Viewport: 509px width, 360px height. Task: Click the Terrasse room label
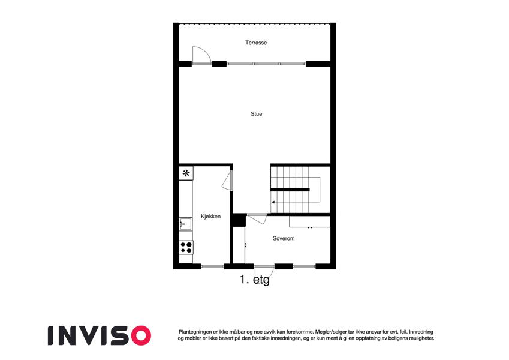[x=256, y=43]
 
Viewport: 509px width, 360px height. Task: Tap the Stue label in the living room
[x=256, y=114]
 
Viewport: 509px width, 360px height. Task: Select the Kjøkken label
[x=210, y=217]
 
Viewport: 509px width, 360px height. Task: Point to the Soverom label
[x=284, y=238]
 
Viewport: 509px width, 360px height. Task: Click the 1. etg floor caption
[x=255, y=280]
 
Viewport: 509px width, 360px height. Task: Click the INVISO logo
[x=100, y=335]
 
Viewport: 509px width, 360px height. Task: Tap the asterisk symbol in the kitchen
[x=186, y=173]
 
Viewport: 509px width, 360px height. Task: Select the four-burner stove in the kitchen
[x=186, y=247]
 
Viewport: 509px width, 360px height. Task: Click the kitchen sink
[x=185, y=224]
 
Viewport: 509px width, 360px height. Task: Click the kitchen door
[x=227, y=181]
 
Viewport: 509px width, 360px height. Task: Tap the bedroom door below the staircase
[x=257, y=218]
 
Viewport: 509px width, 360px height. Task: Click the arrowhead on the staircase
[x=273, y=202]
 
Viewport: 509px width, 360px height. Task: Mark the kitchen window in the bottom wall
[x=213, y=266]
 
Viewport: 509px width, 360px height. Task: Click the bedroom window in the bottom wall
[x=304, y=266]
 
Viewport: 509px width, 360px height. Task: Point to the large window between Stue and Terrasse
[x=266, y=64]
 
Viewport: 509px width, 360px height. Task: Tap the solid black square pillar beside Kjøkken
[x=239, y=220]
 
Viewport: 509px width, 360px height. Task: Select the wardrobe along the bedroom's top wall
[x=310, y=221]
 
